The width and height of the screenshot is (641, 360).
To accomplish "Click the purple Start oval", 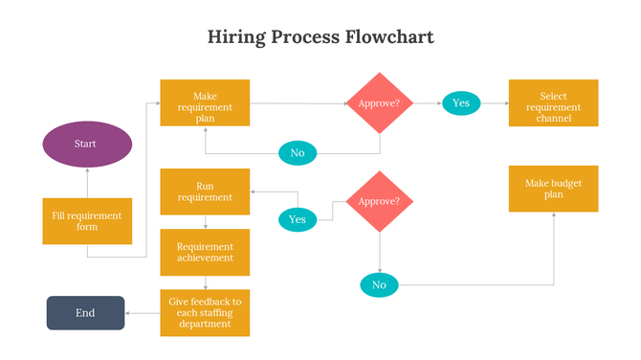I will coord(87,144).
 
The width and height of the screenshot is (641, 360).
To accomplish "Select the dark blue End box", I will coord(86,313).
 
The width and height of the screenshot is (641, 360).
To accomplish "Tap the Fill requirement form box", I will coord(87,221).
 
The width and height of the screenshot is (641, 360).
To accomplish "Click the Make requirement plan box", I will coord(205,102).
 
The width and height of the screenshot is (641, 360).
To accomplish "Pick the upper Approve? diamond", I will coord(380,102).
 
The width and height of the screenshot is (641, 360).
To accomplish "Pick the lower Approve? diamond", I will coord(380,201).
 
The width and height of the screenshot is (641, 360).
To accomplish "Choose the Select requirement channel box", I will coord(554,102).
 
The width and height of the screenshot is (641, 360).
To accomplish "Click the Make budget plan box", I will coord(554,189).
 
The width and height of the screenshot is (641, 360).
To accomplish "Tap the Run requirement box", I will coord(205,191).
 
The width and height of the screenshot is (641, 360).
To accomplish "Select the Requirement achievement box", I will coord(205,252).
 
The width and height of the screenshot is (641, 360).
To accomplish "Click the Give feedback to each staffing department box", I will coord(205,313).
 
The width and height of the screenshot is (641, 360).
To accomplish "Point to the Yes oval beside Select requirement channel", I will coord(461,102).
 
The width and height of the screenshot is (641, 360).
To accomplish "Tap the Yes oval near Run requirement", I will coord(298,219).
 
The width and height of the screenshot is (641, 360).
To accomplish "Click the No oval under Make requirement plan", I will coord(298,152).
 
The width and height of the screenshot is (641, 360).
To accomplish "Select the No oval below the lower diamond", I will coord(379,284).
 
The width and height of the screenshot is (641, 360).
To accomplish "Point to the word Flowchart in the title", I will coord(390,37).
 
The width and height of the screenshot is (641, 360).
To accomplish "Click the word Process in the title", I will coord(309,37).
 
